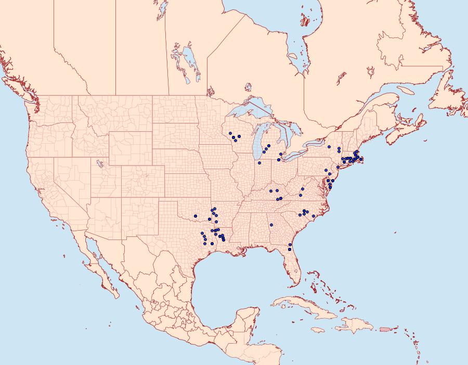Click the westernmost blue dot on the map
195,216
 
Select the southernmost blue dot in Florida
290,249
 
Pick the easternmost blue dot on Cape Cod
361,159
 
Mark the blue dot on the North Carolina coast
313,216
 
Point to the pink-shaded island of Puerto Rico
385,329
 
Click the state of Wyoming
130,148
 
